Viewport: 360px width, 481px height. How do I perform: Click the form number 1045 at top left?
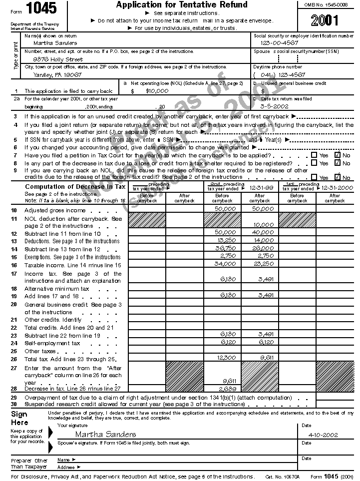pyautogui.click(x=41, y=8)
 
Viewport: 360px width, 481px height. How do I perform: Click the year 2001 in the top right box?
pyautogui.click(x=324, y=20)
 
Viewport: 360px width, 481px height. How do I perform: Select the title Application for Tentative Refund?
pyautogui.click(x=182, y=5)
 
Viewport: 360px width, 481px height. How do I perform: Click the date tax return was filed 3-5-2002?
pyautogui.click(x=275, y=106)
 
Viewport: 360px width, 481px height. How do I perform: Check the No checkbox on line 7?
pyautogui.click(x=338, y=155)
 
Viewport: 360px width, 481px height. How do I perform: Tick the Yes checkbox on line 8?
pyautogui.click(x=314, y=163)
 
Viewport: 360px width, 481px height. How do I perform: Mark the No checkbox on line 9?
pyautogui.click(x=338, y=177)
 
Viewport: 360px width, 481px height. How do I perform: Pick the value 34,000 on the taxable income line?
pyautogui.click(x=226, y=263)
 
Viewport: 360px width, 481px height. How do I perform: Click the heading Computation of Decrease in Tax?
pyautogui.click(x=75, y=187)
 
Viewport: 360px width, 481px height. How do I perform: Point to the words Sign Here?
pyautogui.click(x=19, y=418)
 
